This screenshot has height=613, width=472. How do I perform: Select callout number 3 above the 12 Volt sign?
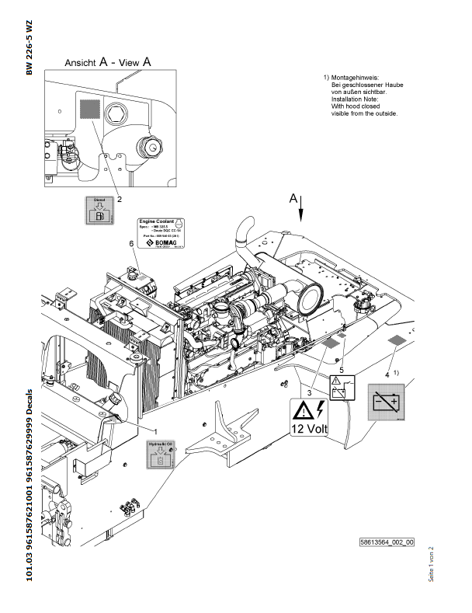coord(310,393)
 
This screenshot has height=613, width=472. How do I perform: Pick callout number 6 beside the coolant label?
coord(131,244)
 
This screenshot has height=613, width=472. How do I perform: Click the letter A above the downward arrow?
coord(293,199)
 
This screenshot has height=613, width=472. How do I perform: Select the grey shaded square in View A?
coord(90,108)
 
